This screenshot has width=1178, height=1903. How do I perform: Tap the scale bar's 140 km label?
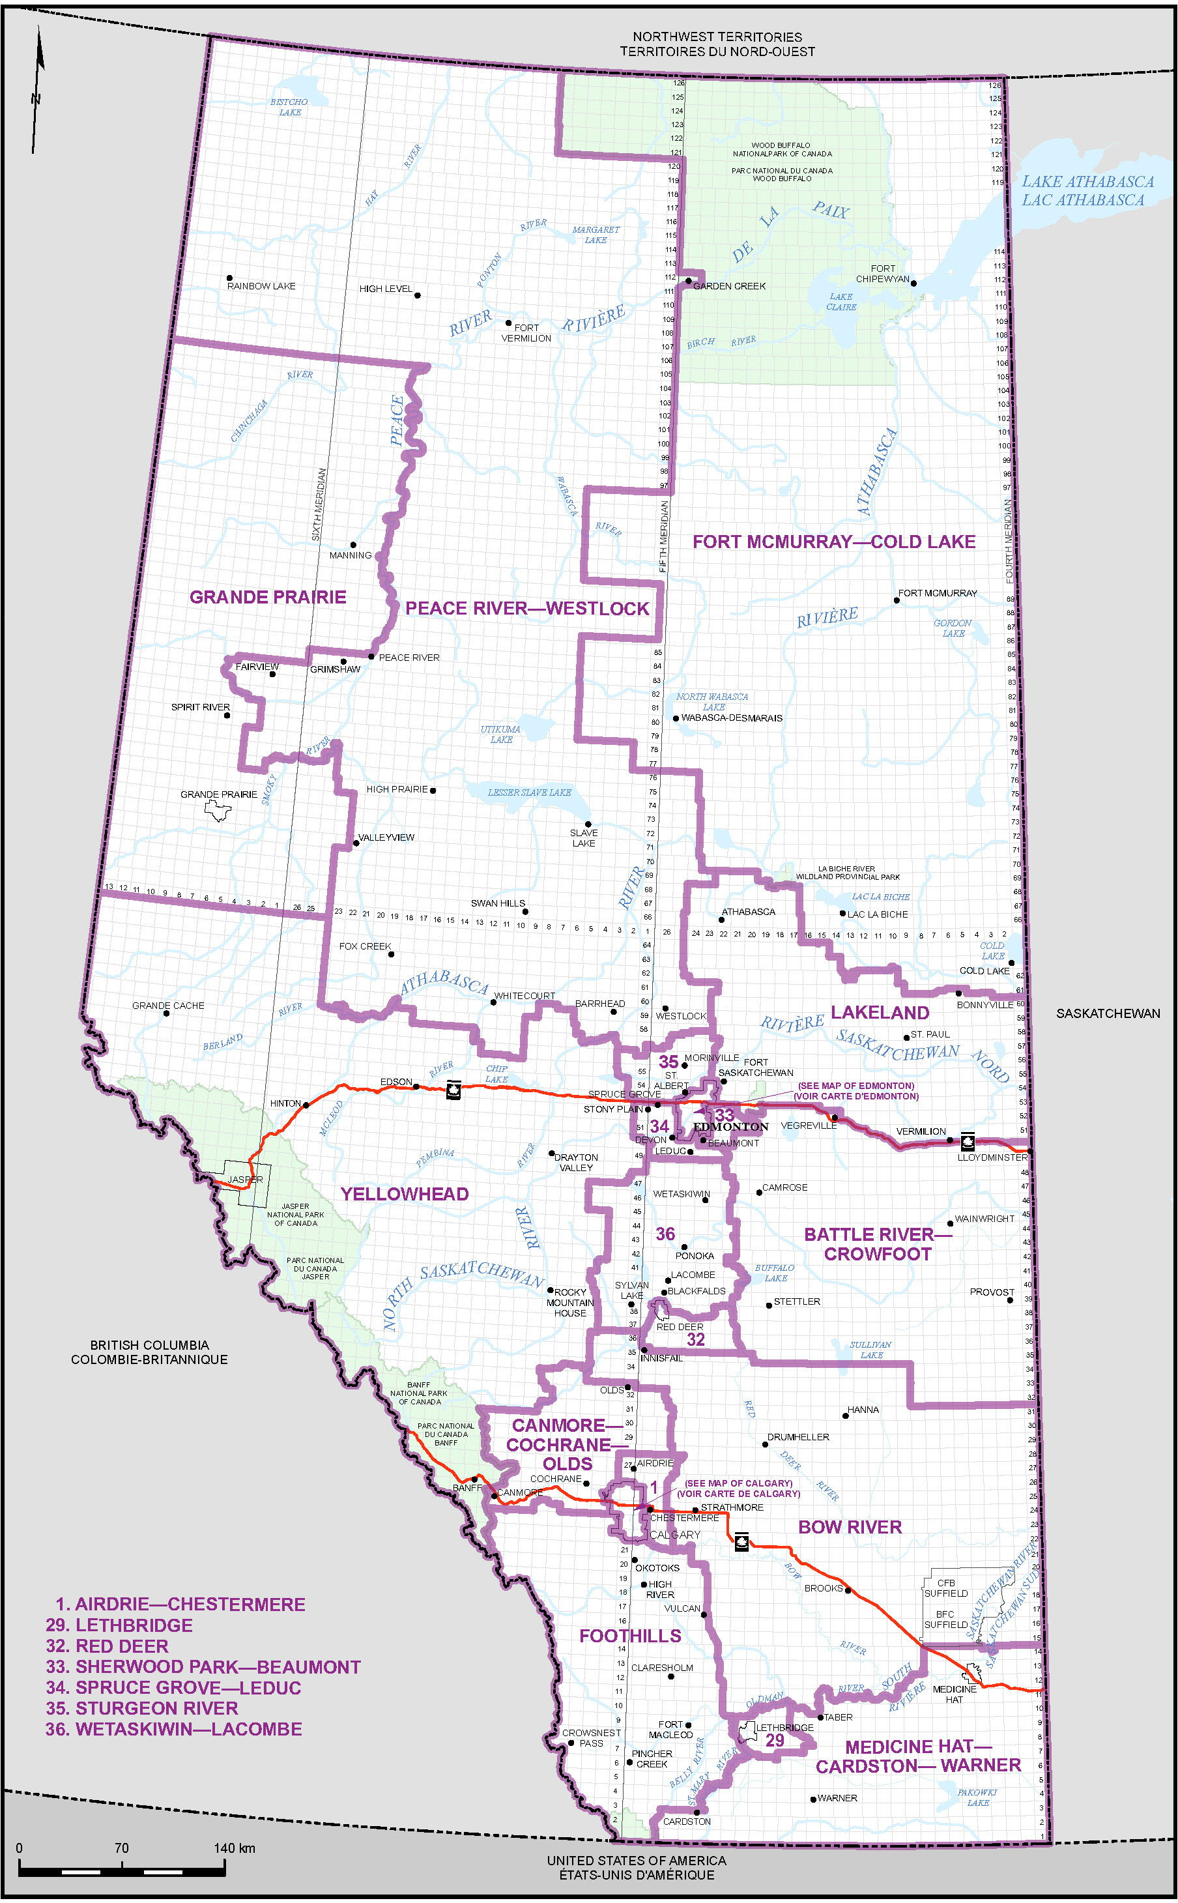tap(235, 1848)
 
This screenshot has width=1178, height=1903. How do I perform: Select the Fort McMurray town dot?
tap(897, 600)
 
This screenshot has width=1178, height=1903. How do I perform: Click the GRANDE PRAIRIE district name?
tap(267, 597)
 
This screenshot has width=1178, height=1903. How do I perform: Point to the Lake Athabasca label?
tap(1087, 190)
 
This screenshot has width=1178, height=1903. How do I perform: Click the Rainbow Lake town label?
tap(261, 286)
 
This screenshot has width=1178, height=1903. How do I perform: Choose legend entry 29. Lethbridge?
tap(119, 1625)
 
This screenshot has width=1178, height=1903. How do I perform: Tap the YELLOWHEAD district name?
tap(405, 1194)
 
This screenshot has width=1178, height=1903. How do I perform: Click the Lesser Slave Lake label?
tap(529, 792)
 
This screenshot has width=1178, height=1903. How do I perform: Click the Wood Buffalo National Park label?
tap(781, 150)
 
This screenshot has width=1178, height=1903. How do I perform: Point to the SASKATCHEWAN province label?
tap(1107, 1013)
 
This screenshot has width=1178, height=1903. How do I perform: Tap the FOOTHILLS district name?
tap(629, 1636)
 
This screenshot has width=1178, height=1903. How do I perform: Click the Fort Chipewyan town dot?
tap(914, 283)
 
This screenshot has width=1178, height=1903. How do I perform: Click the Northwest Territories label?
tap(717, 44)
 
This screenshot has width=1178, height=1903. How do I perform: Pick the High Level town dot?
tap(418, 295)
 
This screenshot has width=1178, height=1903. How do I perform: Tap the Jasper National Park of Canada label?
tap(295, 1214)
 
